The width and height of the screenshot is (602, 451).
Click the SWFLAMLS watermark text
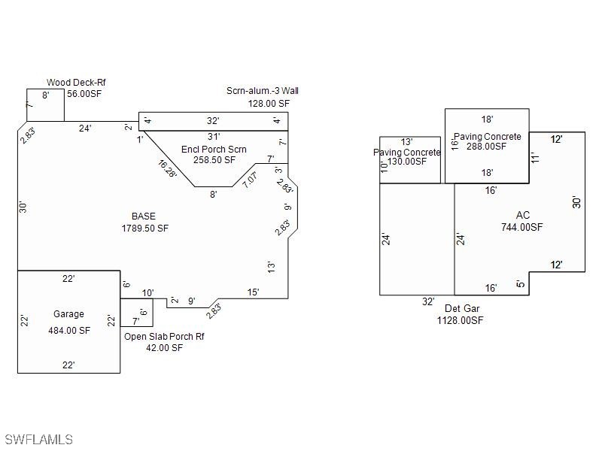pyautogui.click(x=38, y=439)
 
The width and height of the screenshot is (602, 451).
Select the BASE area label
pyautogui.click(x=144, y=216)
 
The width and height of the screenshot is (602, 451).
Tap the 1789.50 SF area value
pyautogui.click(x=145, y=229)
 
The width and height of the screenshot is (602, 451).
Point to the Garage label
pyautogui.click(x=68, y=314)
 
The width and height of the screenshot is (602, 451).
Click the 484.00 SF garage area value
pyautogui.click(x=69, y=330)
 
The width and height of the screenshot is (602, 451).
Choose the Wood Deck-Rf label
pyautogui.click(x=76, y=83)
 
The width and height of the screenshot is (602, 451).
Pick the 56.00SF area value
pyautogui.click(x=84, y=93)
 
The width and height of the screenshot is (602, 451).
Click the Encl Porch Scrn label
pyautogui.click(x=214, y=149)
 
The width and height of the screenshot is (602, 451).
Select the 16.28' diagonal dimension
pyautogui.click(x=168, y=168)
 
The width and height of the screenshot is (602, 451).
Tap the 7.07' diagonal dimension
pyautogui.click(x=250, y=180)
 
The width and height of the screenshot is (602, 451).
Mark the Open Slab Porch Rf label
pyautogui.click(x=164, y=336)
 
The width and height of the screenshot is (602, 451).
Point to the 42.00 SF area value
pyautogui.click(x=164, y=348)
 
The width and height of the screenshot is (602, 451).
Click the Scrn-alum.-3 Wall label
pyautogui.click(x=263, y=91)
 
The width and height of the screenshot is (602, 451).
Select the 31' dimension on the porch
pyautogui.click(x=214, y=137)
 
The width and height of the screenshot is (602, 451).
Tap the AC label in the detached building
pyautogui.click(x=523, y=215)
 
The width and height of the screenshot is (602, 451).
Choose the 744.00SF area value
pyautogui.click(x=522, y=227)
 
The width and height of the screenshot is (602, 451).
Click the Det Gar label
pyautogui.click(x=462, y=308)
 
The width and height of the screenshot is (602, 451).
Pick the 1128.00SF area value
pyautogui.click(x=461, y=320)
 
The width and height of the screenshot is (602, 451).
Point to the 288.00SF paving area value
pyautogui.click(x=486, y=146)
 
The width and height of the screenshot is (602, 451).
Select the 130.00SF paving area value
pyautogui.click(x=407, y=162)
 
